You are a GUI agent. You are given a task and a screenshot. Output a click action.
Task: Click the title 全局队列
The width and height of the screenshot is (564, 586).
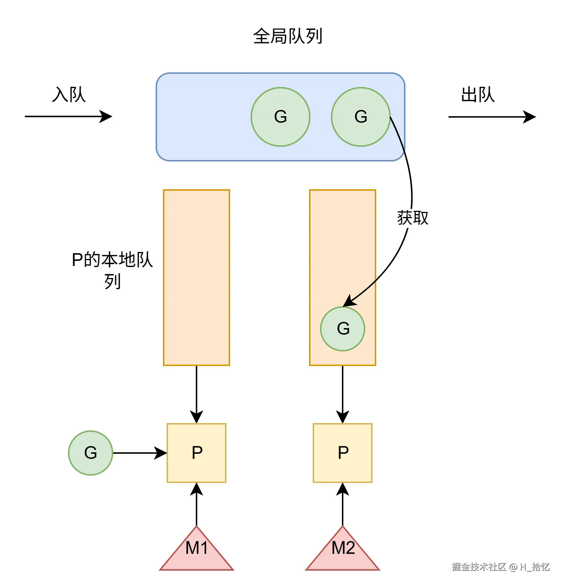point(287,36)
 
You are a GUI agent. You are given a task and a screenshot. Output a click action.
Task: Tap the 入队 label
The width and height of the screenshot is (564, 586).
point(69,95)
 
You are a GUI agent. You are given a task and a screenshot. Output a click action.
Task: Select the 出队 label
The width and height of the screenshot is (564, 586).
point(478,95)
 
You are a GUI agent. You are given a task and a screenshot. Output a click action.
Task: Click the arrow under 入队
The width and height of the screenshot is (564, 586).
point(68,117)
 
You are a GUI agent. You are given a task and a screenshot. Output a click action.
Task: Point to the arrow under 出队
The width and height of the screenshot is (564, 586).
point(492,117)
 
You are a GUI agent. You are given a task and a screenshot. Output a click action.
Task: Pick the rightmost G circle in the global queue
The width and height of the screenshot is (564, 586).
point(361,117)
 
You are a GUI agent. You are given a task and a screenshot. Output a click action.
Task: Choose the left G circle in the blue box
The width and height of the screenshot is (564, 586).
point(280,117)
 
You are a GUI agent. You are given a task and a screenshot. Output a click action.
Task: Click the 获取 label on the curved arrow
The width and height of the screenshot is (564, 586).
point(413,218)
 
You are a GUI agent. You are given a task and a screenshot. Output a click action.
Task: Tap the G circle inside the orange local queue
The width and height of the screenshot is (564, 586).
point(343,329)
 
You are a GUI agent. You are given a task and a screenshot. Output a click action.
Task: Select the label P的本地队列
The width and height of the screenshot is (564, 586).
point(112,270)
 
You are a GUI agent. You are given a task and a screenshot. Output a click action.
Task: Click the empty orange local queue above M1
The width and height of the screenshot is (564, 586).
point(197,277)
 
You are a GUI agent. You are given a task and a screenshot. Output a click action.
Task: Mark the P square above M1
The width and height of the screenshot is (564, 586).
point(197,453)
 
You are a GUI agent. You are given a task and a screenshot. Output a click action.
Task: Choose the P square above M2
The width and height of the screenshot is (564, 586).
point(343,453)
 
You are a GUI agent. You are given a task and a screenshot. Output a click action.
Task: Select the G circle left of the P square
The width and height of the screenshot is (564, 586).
point(91,453)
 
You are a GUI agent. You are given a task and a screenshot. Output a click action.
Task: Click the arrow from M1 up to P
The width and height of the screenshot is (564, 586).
point(197,504)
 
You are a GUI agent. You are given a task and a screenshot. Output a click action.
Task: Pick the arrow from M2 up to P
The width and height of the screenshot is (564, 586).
point(343,504)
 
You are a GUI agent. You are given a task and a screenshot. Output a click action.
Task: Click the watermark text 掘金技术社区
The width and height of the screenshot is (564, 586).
point(479,567)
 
